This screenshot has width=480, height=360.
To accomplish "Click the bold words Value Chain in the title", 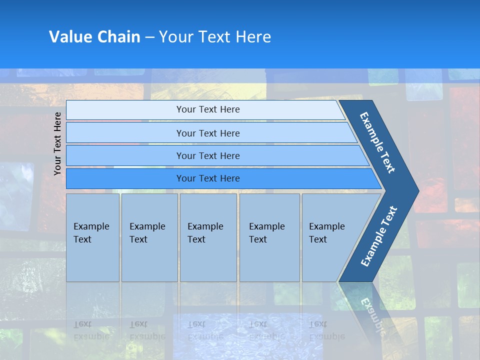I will [x=94, y=37].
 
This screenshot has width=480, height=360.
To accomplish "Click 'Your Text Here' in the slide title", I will [x=215, y=37].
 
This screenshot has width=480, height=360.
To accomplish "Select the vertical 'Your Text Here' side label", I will [x=57, y=143].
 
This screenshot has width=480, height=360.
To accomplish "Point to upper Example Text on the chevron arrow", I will [x=377, y=142].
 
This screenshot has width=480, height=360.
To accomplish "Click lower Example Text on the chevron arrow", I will [x=378, y=236].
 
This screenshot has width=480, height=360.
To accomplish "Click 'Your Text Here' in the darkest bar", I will [x=208, y=178].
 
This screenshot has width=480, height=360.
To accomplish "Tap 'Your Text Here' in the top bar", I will [x=208, y=109].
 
